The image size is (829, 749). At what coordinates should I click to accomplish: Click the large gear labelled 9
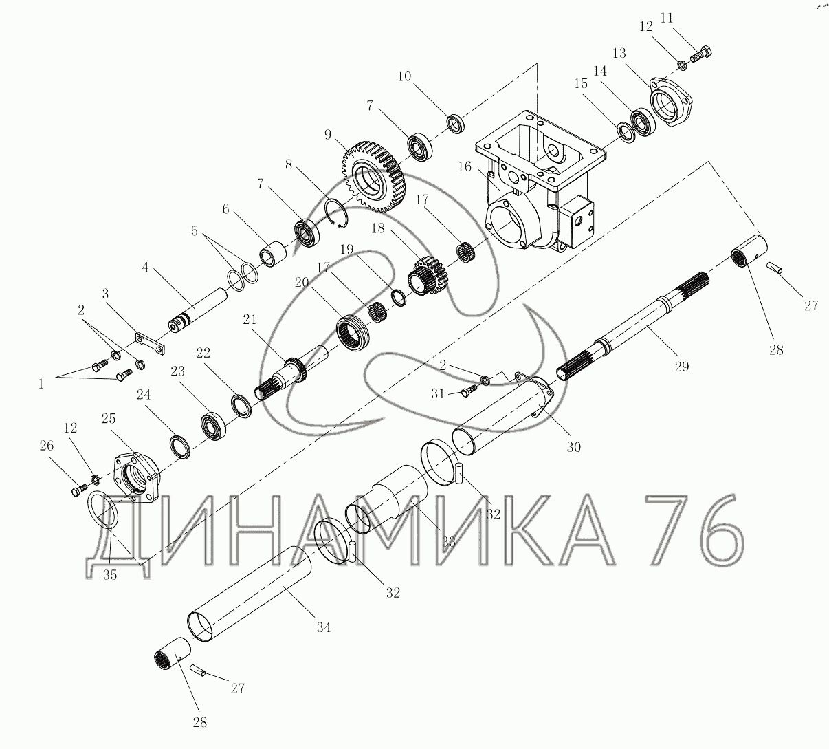pos(373,177)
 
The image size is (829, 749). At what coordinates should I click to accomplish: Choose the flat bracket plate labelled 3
pos(151,343)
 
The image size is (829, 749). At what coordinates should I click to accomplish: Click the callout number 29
pos(682,367)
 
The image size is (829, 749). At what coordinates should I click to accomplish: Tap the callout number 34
pos(324,627)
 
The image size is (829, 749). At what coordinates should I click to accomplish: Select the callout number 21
pos(250,319)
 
